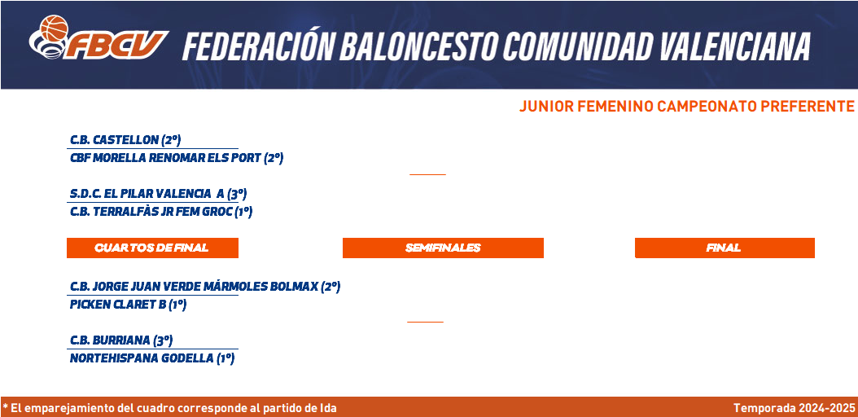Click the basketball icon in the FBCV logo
(x=54, y=28)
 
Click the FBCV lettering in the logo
(x=117, y=45)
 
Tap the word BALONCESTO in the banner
(x=419, y=46)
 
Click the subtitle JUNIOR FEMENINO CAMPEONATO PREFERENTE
(x=687, y=107)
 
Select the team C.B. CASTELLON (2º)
(x=125, y=140)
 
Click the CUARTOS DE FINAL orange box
(x=153, y=248)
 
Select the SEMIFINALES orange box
(x=443, y=248)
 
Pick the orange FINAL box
(x=724, y=248)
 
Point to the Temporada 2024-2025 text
(x=794, y=408)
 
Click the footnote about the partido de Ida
(x=169, y=408)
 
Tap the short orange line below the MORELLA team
(x=428, y=174)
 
